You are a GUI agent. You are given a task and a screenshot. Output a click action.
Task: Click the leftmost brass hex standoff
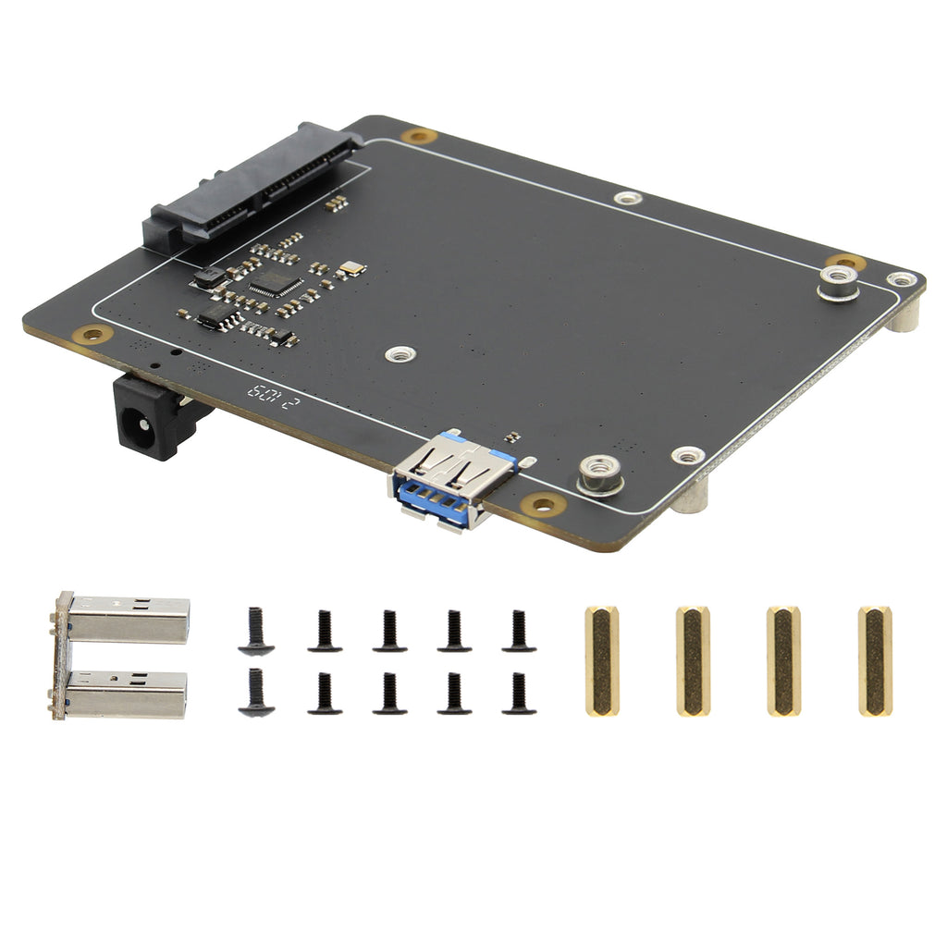tap(601, 660)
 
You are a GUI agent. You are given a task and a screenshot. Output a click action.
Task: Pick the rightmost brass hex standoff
tap(874, 660)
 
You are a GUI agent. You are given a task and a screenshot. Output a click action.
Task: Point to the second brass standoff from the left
tap(692, 660)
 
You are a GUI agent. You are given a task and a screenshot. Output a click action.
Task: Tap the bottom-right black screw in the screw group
tap(519, 694)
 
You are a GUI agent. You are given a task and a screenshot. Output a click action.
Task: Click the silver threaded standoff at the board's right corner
tap(839, 282)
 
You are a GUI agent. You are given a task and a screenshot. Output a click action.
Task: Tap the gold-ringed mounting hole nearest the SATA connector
tap(419, 136)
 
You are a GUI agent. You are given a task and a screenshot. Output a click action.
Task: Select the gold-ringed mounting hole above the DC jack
tap(92, 335)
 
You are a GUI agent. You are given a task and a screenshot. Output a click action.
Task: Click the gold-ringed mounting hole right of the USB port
tap(543, 505)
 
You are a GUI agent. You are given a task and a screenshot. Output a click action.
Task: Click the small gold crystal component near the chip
tap(351, 268)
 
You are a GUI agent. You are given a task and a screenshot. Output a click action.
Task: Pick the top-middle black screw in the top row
tap(389, 631)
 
